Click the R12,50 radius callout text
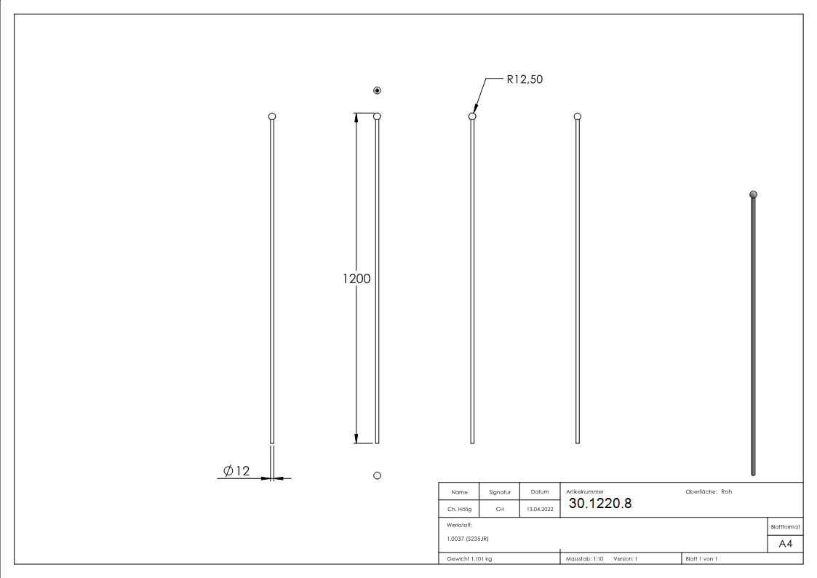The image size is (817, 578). [525, 79]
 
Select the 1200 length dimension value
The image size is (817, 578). [356, 278]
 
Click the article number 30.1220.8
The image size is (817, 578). [599, 503]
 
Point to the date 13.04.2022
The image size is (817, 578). [540, 510]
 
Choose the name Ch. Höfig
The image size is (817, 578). [459, 510]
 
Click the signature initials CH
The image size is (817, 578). [500, 510]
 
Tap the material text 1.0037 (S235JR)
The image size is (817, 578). [467, 538]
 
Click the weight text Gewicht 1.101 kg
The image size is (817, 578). [470, 559]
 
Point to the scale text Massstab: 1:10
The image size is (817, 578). [585, 559]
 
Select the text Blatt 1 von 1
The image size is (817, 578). [701, 559]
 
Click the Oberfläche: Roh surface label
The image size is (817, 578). [709, 492]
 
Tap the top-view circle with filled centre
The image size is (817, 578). [377, 90]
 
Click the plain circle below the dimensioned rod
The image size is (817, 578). [377, 475]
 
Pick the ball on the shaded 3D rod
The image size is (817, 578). [753, 194]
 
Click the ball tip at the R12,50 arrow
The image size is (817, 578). [472, 116]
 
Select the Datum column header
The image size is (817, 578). [540, 492]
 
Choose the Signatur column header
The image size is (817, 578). [500, 492]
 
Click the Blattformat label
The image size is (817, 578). [785, 526]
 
